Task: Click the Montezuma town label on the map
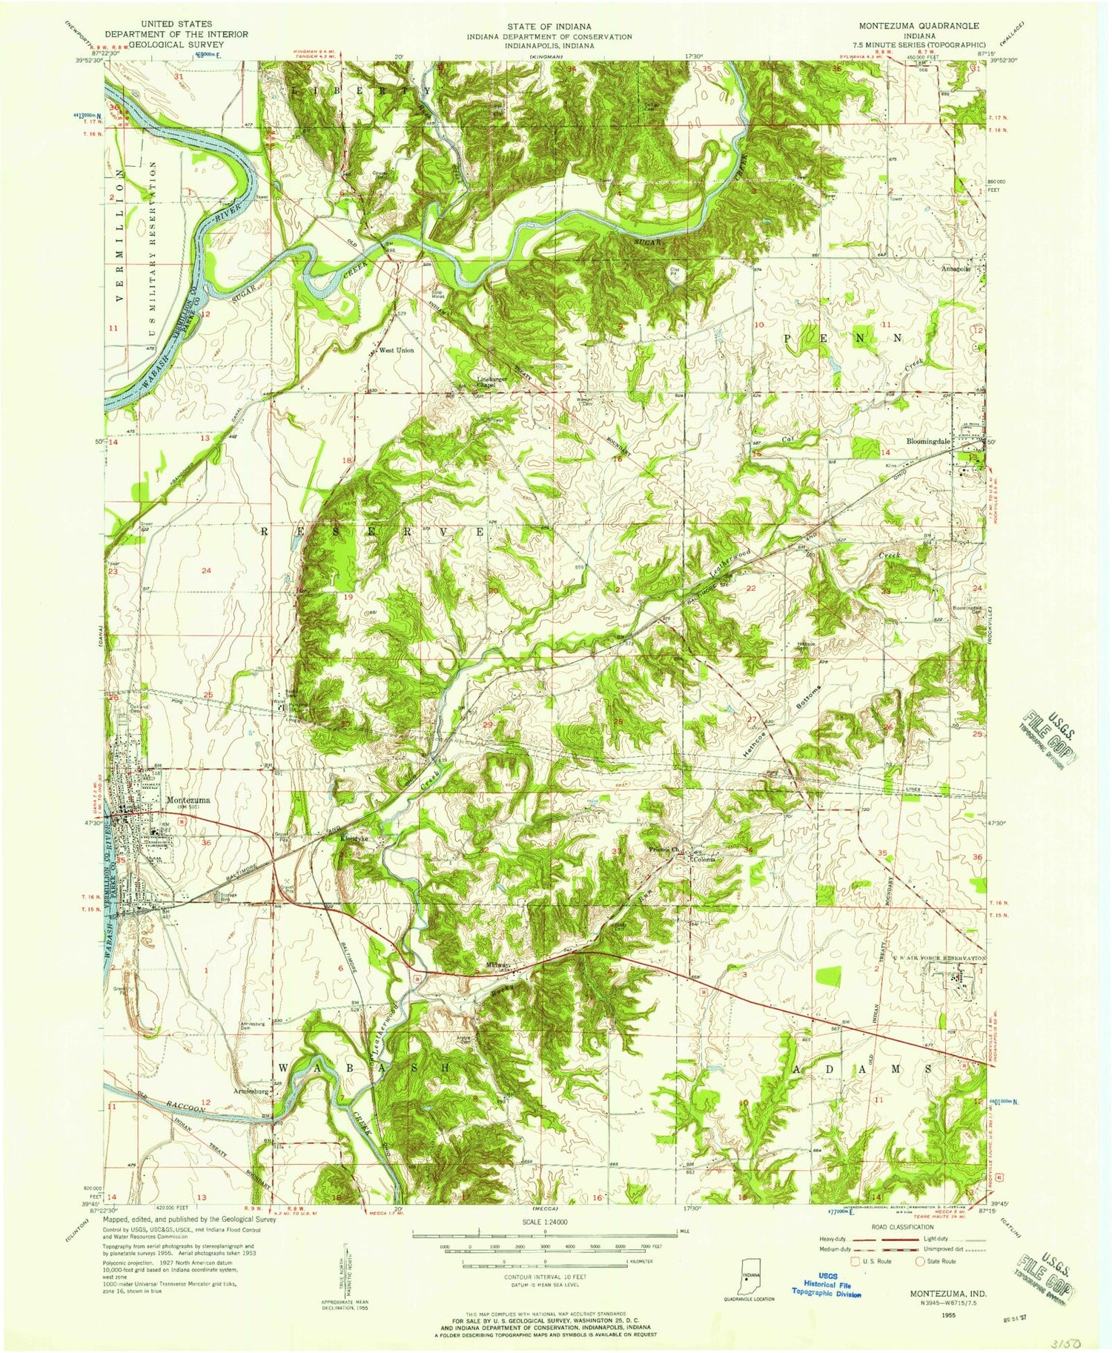tap(188, 800)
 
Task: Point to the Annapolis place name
tap(956, 268)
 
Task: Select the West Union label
tap(396, 350)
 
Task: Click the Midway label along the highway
tap(497, 965)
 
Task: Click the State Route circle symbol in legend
tap(921, 1260)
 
